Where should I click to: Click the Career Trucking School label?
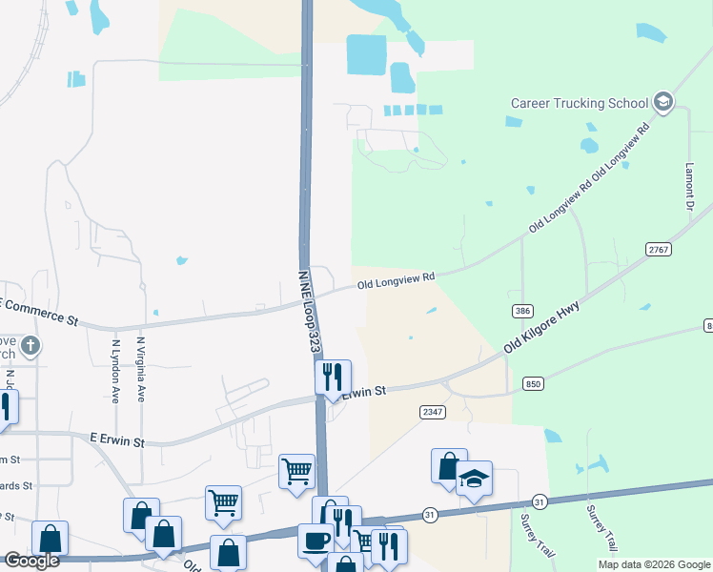580,103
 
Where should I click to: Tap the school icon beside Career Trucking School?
663,103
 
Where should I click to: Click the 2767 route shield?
659,249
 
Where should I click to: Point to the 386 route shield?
521,311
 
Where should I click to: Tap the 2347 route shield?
432,411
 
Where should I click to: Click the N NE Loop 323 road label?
307,311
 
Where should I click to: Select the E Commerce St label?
38,311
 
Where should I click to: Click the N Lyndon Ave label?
115,370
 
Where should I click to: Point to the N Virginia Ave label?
140,368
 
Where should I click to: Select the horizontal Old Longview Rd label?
396,280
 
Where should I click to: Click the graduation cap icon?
474,479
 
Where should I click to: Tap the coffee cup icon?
316,540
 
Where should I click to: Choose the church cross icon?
31,345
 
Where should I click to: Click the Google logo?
31,560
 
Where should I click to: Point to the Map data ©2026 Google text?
654,564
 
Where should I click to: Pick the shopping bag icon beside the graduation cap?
449,466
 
